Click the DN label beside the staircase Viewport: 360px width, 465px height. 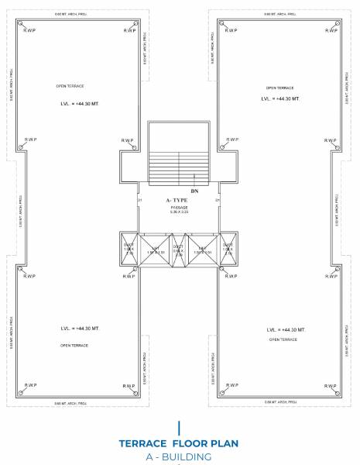(194, 189)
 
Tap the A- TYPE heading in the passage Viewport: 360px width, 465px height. (179, 200)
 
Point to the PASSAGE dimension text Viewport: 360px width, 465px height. (179, 210)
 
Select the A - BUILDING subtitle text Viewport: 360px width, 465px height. (180, 456)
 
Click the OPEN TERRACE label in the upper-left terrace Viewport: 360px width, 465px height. (70, 86)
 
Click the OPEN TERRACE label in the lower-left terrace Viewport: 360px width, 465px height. (72, 346)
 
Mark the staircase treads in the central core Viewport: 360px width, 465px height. (180, 164)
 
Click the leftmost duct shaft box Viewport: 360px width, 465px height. (129, 249)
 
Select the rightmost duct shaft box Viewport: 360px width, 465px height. (228, 249)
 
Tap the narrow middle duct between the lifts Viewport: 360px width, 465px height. (179, 249)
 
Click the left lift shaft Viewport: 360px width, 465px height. (155, 249)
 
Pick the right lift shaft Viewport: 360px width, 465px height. (204, 249)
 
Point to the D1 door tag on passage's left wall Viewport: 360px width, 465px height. (140, 201)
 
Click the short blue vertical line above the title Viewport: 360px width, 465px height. (180, 426)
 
